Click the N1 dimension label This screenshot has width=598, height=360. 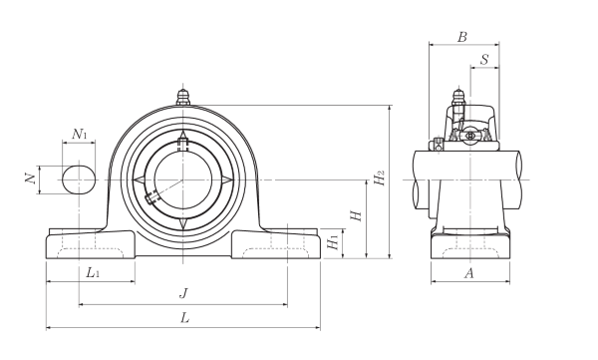(81, 134)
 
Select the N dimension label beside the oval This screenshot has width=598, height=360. (30, 179)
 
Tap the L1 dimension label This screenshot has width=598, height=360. (91, 272)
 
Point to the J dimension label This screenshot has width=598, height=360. (182, 293)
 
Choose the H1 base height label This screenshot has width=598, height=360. (334, 241)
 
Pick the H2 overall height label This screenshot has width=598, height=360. (379, 180)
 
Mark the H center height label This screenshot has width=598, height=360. (355, 215)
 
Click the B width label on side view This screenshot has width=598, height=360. (462, 37)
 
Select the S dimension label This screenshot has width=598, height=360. (484, 60)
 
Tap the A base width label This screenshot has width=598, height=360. (468, 272)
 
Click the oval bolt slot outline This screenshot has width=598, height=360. (80, 180)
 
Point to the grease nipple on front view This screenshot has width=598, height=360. (182, 98)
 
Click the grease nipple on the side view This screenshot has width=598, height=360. (457, 100)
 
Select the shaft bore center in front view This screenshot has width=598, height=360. (182, 180)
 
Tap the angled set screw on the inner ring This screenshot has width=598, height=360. (152, 196)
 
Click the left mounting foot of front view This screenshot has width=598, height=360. (90, 243)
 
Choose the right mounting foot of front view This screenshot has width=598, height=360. (276, 243)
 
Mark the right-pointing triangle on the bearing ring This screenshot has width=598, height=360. (228, 180)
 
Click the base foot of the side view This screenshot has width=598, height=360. (469, 245)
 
